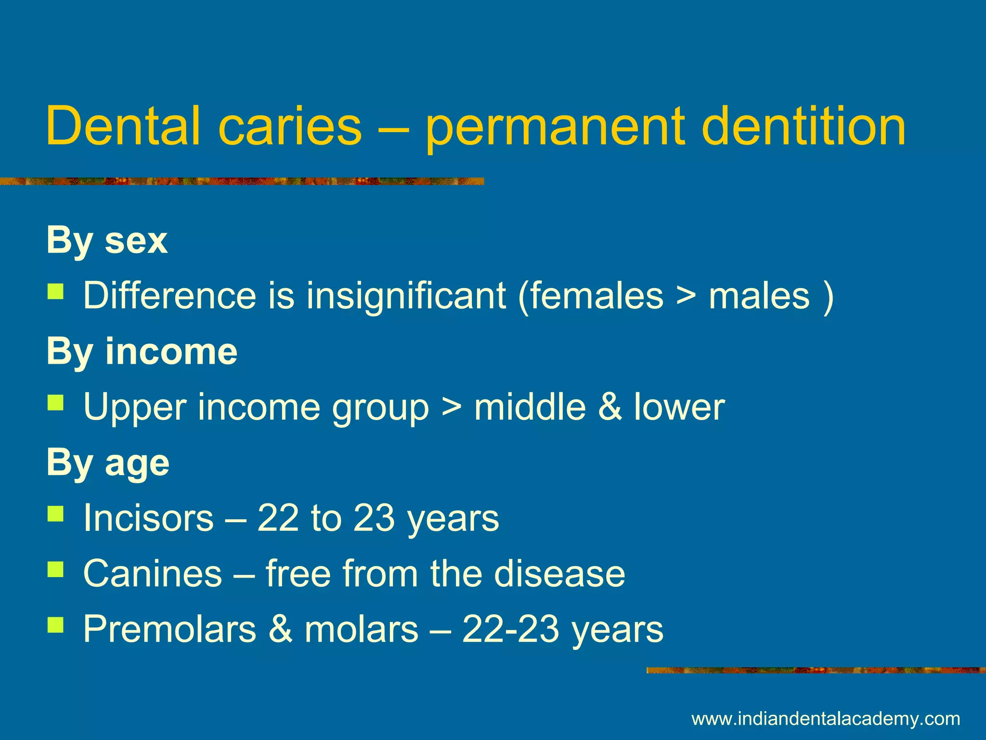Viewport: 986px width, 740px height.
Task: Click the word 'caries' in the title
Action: point(289,126)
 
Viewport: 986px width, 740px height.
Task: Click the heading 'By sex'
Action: point(107,240)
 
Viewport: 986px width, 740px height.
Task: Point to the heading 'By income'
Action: point(142,352)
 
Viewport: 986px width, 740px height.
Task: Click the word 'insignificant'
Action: point(406,295)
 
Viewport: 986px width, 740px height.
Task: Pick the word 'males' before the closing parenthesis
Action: point(759,295)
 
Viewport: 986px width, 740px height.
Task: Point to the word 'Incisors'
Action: point(148,518)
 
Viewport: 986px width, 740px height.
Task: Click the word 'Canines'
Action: point(152,574)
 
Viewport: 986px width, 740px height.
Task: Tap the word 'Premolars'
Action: point(169,629)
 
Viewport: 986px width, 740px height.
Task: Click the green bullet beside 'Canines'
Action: point(56,570)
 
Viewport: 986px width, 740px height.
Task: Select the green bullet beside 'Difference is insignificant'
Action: point(56,291)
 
